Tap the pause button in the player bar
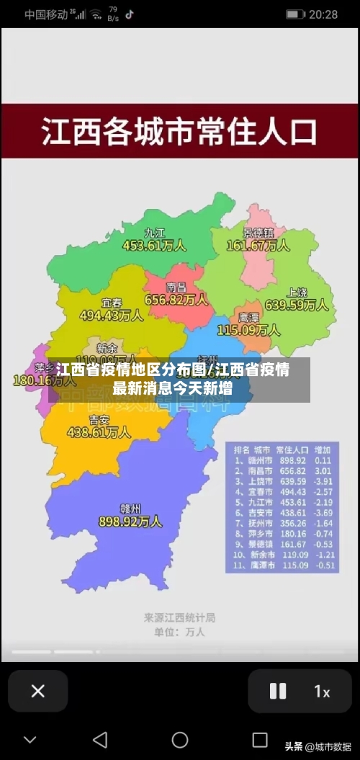pos(278,691)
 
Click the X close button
pos(38,691)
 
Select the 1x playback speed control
pos(322,691)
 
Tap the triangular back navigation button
pos(100,739)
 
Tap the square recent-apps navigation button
pos(260,739)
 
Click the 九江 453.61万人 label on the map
pos(154,240)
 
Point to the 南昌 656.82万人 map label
pos(176,293)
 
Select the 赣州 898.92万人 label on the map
pos(130,514)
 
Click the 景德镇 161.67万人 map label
pos(258,240)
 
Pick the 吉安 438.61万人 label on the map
pos(99,426)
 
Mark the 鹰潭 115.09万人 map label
pos(248,324)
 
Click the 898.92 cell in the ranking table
pos(292,460)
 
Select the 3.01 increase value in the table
pos(323,470)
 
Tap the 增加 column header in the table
pos(323,448)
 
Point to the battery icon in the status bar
pos(295,14)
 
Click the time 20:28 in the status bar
pos(323,14)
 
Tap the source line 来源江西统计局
pos(179,617)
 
